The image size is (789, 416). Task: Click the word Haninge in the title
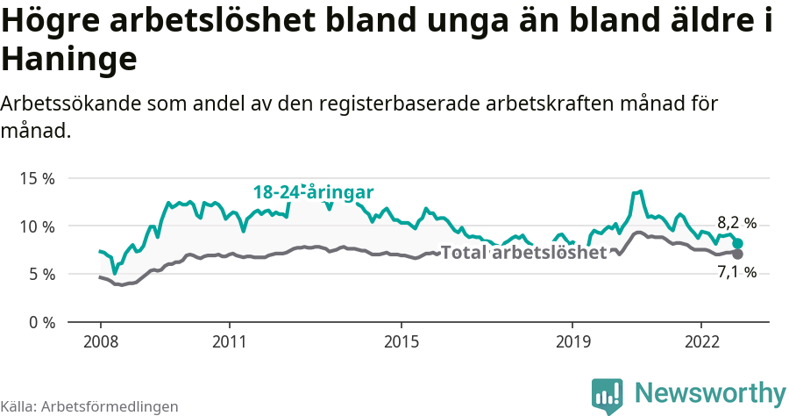pos(69,60)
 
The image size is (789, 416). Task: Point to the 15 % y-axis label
pos(37,178)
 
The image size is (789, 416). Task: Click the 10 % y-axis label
pos(37,226)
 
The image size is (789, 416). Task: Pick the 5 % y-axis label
pos(40,274)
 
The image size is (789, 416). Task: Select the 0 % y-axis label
pos(40,322)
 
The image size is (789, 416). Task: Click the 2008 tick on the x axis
pos(100,341)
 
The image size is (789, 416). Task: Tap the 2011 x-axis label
pos(229,341)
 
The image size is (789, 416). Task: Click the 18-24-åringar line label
pos(314,192)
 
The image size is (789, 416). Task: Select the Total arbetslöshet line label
pos(523,253)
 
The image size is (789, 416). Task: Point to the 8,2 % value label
pos(736,223)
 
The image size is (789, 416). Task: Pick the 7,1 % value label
pos(736,272)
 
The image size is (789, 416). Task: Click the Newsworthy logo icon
pos(608,395)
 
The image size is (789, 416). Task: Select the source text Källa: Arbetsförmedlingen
pos(89,406)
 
